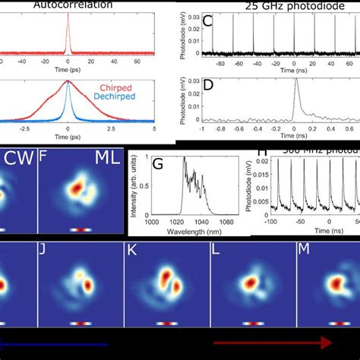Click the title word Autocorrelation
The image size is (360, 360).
(68, 5)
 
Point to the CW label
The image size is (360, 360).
(17, 159)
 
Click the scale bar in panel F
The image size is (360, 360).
(81, 229)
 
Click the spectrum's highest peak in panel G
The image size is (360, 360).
(183, 157)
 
